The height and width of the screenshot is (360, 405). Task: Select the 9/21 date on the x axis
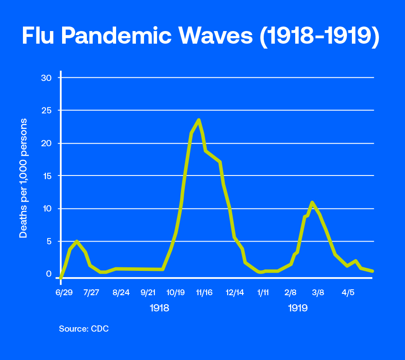(148, 292)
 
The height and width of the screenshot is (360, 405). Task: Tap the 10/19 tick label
(176, 292)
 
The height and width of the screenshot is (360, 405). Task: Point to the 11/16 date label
(204, 292)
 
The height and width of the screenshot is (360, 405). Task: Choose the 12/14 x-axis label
(234, 292)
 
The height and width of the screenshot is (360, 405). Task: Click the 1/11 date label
(263, 292)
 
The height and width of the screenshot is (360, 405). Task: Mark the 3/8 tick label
(318, 292)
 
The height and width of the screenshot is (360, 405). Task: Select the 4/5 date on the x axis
(348, 292)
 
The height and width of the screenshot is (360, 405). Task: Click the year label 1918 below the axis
(159, 309)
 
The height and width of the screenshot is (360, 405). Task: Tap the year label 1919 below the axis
(297, 309)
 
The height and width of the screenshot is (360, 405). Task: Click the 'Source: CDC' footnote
(84, 329)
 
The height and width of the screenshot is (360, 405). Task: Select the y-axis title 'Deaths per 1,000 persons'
(23, 178)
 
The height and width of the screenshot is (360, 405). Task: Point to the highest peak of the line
(198, 120)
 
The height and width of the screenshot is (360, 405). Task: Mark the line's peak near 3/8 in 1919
(311, 202)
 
